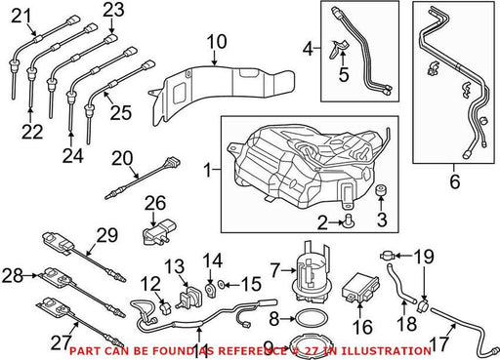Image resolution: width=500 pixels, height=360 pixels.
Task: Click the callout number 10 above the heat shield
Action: [x=217, y=42]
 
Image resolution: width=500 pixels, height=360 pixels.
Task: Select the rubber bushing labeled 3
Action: [x=381, y=190]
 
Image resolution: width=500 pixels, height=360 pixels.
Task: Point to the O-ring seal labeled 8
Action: [x=311, y=319]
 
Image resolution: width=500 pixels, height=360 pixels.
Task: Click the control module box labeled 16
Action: [x=360, y=288]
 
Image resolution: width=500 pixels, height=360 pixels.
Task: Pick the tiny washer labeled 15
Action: [x=221, y=285]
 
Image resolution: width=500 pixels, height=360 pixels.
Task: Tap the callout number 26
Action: [x=155, y=203]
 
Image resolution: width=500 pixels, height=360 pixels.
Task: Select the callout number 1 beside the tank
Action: [x=208, y=170]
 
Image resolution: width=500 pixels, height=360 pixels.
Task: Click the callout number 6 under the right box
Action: [x=455, y=181]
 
